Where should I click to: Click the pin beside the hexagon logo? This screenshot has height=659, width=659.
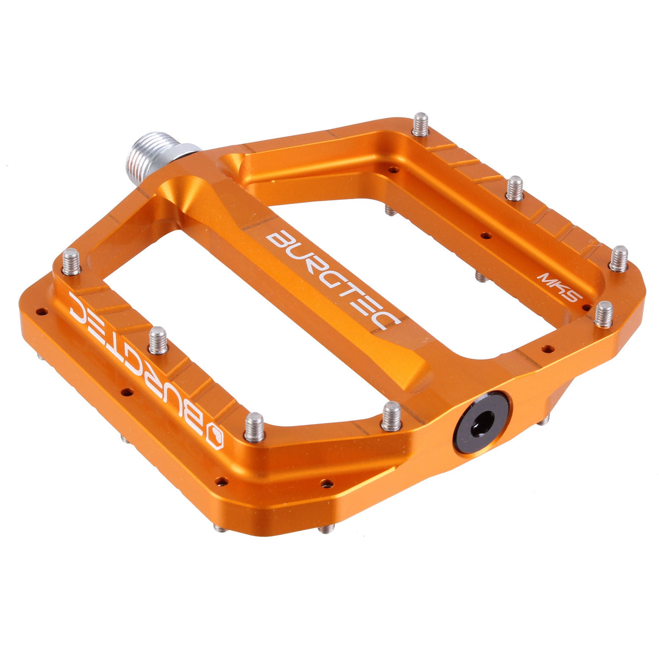point(254,427)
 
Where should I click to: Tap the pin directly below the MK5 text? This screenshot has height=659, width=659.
point(604,314)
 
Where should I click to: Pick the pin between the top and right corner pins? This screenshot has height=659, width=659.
point(515,188)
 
